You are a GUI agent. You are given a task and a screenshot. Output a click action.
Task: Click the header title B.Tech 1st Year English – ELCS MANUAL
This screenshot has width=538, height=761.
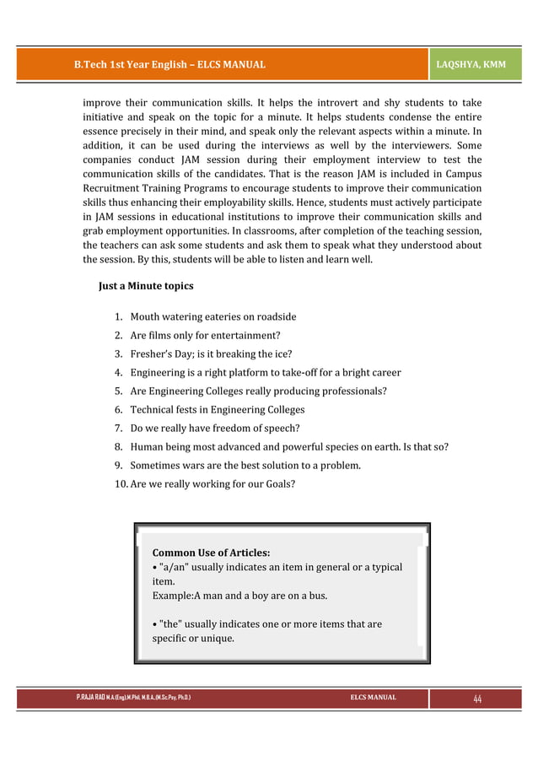pyautogui.click(x=169, y=64)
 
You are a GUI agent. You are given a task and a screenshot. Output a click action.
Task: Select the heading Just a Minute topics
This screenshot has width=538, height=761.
pyautogui.click(x=146, y=286)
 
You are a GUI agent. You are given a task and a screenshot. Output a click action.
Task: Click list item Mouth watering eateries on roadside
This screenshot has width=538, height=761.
pyautogui.click(x=213, y=317)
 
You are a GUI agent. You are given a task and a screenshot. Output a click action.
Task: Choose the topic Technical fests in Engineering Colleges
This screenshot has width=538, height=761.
pyautogui.click(x=217, y=410)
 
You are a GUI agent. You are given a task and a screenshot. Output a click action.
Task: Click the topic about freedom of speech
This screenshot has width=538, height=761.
pyautogui.click(x=215, y=429)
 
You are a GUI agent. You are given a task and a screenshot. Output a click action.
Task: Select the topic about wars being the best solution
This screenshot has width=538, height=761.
pyautogui.click(x=245, y=466)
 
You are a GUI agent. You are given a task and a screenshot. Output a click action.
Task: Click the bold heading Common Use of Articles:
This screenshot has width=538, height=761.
pyautogui.click(x=211, y=553)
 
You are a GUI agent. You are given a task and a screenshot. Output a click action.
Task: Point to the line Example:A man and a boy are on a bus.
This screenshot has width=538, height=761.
pyautogui.click(x=239, y=596)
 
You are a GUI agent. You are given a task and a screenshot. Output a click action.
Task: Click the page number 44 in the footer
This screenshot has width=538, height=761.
pyautogui.click(x=477, y=699)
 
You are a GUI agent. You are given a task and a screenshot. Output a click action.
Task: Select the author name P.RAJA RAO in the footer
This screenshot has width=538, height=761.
pyautogui.click(x=91, y=699)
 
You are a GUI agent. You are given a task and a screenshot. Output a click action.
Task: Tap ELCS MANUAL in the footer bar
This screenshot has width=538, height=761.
pyautogui.click(x=373, y=699)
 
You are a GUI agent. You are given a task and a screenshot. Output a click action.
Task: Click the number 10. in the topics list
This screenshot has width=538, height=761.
pyautogui.click(x=121, y=484)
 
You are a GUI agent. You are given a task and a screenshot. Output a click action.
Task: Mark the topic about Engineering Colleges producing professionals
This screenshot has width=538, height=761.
pyautogui.click(x=258, y=391)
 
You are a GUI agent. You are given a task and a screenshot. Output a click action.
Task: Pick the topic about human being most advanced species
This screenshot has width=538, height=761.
pyautogui.click(x=288, y=447)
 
